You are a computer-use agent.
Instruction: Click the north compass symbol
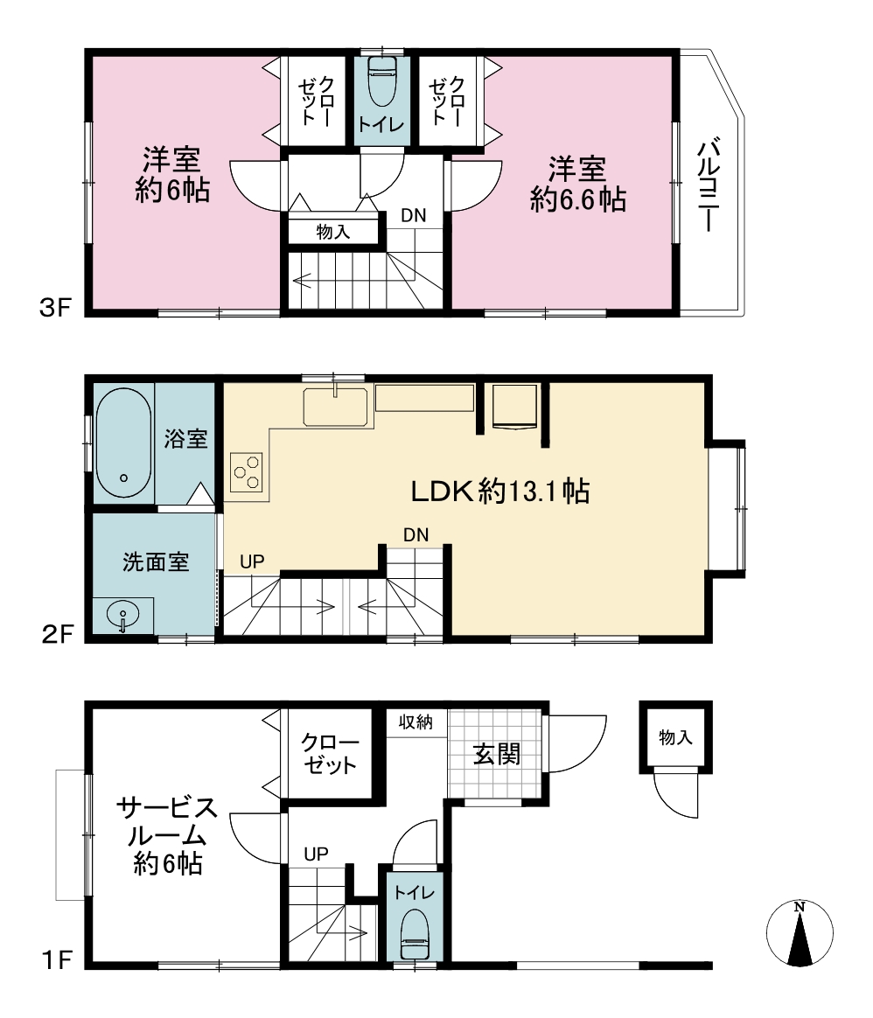[x=800, y=933]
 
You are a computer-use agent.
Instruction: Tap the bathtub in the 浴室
[x=123, y=443]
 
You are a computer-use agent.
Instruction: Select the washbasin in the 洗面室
[x=122, y=615]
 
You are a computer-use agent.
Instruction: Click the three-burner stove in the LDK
[x=247, y=472]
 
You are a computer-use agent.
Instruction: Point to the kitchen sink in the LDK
[x=335, y=407]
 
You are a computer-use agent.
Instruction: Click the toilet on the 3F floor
[x=382, y=82]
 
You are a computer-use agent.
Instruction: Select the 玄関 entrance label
[x=496, y=755]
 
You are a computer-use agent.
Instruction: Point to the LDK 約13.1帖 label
[x=500, y=492]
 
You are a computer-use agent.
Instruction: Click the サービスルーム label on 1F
[x=168, y=822]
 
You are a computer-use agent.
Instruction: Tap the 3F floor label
[x=55, y=307]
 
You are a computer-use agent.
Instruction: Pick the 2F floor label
[x=57, y=634]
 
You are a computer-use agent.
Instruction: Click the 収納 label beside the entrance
[x=416, y=722]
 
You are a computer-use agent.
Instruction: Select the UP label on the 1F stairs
[x=317, y=854]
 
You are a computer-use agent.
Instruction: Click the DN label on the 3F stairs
[x=414, y=215]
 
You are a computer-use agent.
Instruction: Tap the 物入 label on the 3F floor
[x=333, y=232]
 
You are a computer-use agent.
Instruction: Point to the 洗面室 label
[x=156, y=561]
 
